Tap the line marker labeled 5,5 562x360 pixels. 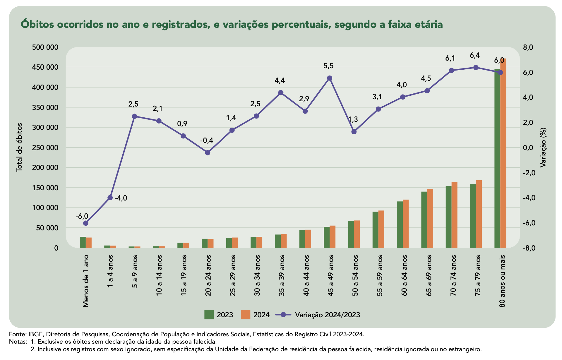(x=329, y=78)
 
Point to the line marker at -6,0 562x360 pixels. (x=85, y=223)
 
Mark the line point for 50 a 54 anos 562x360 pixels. (x=354, y=132)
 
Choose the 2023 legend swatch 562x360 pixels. (x=209, y=315)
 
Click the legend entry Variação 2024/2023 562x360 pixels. (x=327, y=315)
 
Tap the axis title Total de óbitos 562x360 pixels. (x=19, y=147)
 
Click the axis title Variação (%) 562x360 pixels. (x=543, y=147)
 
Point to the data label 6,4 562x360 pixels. (x=474, y=55)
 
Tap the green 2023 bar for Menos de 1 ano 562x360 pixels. (x=83, y=242)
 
